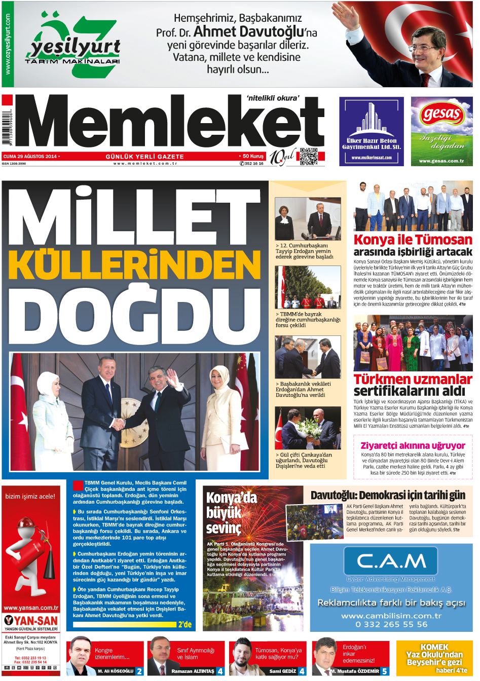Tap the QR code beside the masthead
308,157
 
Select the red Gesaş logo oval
441,114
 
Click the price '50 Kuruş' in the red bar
252,157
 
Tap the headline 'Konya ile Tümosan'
413,240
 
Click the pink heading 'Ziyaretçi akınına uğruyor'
413,445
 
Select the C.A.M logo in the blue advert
391,561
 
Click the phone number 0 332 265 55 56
391,624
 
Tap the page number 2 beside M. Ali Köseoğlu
139,671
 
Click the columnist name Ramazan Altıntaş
193,671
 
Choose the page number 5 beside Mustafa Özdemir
385,671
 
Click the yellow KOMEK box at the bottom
434,658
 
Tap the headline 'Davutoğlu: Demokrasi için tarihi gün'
388,495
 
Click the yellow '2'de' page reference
185,624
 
